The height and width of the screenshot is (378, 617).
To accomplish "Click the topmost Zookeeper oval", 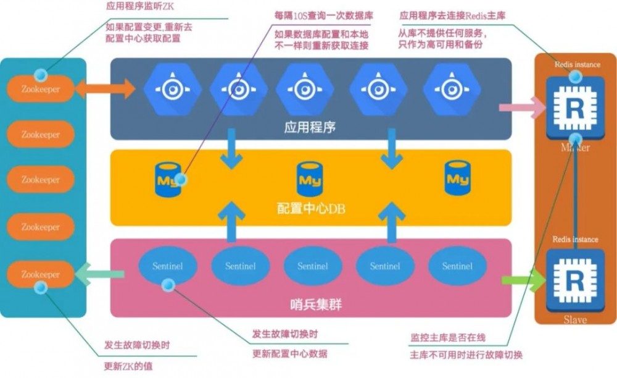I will point(41,89).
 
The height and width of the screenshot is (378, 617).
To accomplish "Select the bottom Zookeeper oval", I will point(41,274).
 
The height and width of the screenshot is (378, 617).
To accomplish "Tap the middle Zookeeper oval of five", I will point(41,180).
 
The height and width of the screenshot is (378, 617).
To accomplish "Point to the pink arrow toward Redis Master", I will point(521,107).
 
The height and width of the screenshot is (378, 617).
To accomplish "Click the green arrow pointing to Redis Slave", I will point(524,280).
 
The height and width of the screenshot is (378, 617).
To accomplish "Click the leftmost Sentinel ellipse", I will point(167,266).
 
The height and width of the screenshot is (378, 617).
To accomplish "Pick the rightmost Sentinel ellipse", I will point(457,266).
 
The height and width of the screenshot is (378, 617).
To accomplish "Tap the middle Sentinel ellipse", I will point(313,266).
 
